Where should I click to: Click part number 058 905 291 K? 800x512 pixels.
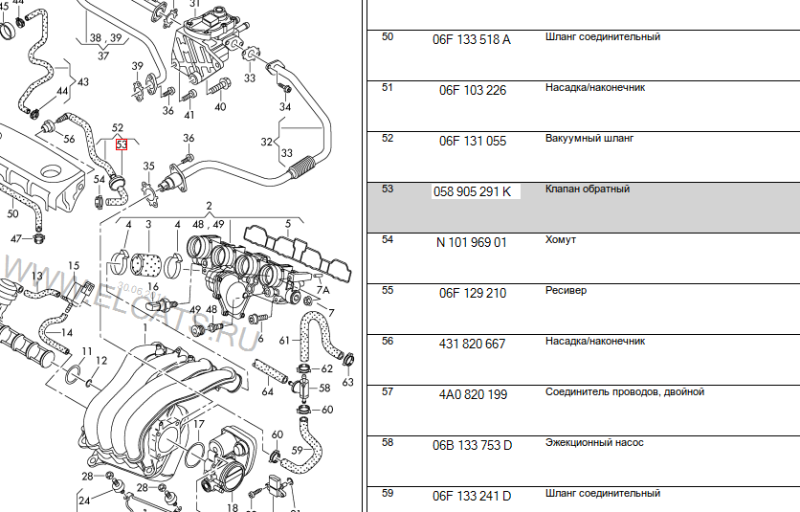(x=473, y=191)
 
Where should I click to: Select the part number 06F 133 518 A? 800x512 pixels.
(x=472, y=39)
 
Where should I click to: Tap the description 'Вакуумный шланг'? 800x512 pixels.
(x=589, y=139)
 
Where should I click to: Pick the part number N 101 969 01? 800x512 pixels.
(x=472, y=242)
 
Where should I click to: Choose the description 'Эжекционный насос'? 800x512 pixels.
(x=593, y=443)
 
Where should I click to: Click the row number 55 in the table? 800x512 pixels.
(x=388, y=290)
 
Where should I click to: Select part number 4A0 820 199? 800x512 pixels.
(x=472, y=394)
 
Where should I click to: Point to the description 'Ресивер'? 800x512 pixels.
(x=566, y=291)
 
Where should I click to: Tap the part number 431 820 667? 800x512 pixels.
(x=472, y=344)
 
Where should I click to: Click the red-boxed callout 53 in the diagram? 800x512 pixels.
(x=121, y=145)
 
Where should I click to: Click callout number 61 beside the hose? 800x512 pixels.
(x=284, y=341)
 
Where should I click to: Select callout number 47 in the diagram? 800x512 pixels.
(x=16, y=238)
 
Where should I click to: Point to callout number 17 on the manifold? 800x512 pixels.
(x=199, y=424)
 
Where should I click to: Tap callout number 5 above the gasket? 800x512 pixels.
(x=289, y=223)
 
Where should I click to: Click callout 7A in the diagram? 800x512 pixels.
(x=323, y=288)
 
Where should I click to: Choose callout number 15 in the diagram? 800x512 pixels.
(x=74, y=265)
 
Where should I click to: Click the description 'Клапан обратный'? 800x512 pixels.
(x=587, y=189)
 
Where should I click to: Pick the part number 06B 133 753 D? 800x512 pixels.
(x=472, y=445)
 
